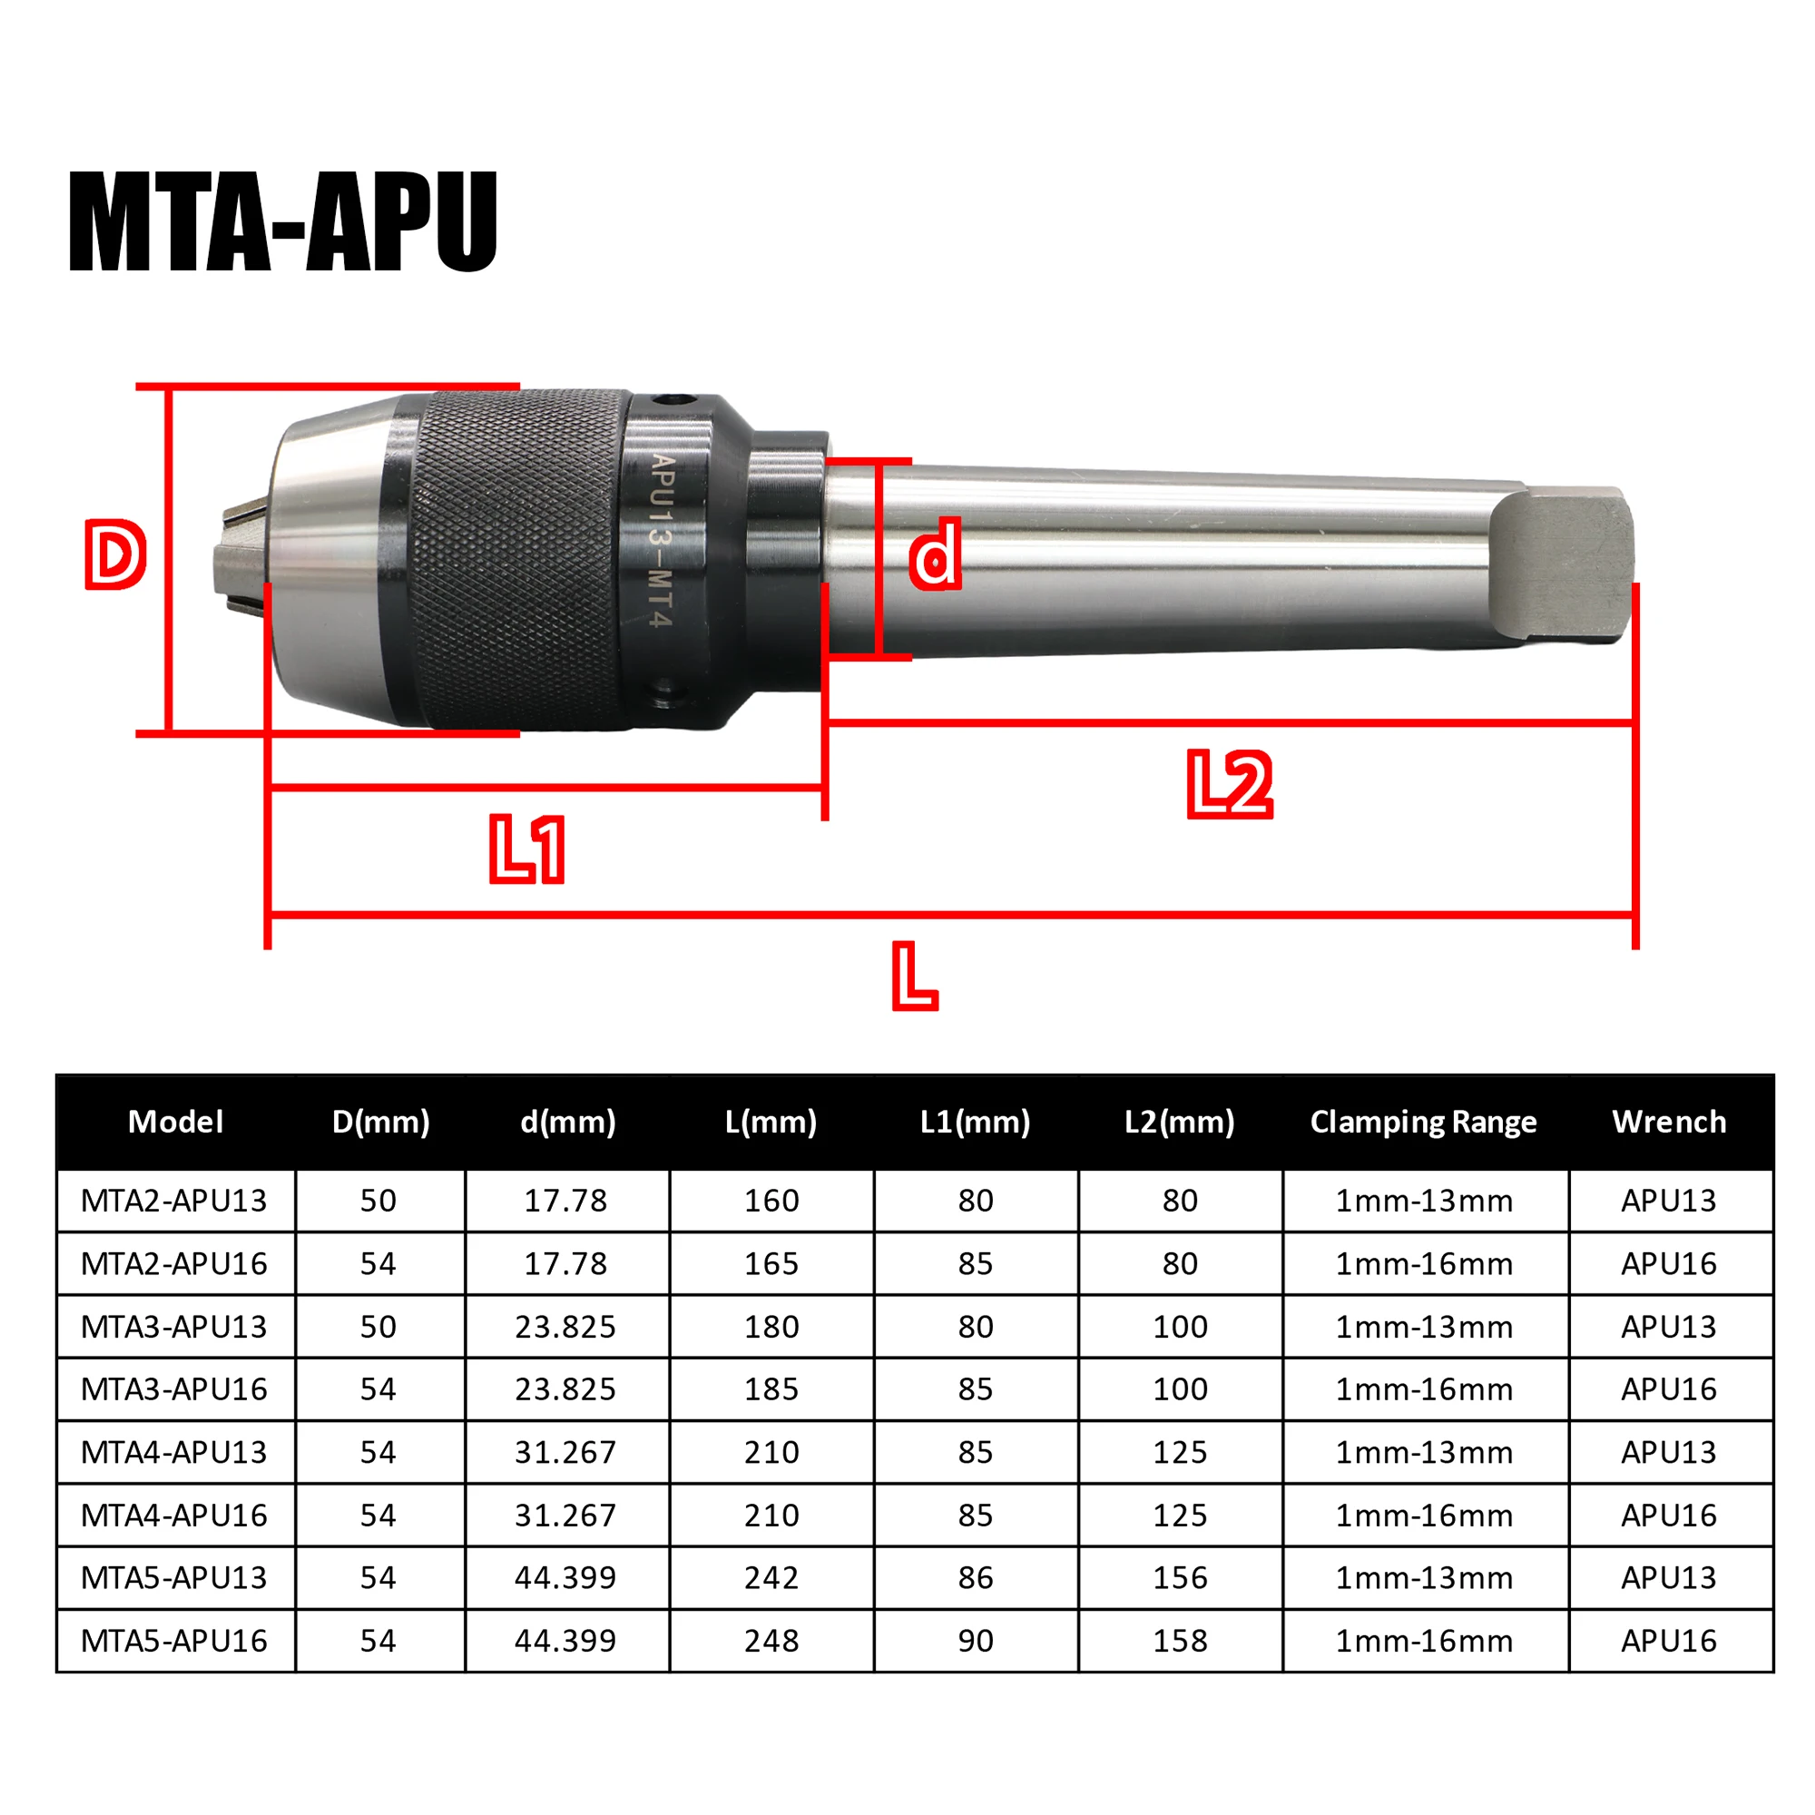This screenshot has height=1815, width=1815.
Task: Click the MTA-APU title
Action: [282, 222]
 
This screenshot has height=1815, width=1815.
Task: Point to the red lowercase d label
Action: [935, 556]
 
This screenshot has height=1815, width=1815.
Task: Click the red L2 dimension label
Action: [1230, 783]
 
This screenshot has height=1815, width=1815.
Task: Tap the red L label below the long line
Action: [913, 977]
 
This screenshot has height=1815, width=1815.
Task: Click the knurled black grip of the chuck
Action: [516, 559]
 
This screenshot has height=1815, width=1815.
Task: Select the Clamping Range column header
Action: [1423, 1122]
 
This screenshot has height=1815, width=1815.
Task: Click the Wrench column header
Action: [1670, 1122]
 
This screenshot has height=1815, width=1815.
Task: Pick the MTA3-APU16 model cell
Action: [175, 1389]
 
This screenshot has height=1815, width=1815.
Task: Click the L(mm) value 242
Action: [771, 1578]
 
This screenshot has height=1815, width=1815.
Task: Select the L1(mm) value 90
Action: [976, 1641]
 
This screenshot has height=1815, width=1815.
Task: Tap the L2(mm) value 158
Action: [1180, 1641]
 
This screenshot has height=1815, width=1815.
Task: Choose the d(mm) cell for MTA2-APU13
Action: [565, 1201]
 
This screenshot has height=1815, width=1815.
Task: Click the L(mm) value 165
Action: [771, 1263]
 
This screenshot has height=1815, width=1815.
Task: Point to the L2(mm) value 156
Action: [1180, 1578]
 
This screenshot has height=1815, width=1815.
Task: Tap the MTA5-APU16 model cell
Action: [175, 1641]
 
